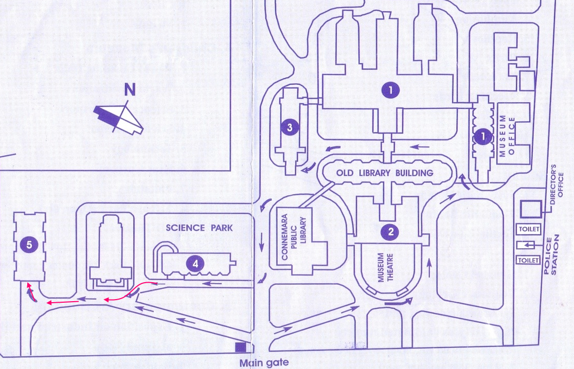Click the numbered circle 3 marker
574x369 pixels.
290,127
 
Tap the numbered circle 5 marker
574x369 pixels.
29,246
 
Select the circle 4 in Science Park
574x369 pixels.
195,264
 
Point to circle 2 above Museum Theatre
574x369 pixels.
391,231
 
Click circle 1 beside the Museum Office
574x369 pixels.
482,137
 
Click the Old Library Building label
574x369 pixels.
385,173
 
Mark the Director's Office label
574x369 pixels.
558,186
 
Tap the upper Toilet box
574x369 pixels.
529,229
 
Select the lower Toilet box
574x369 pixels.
529,260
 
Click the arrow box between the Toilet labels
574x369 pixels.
529,244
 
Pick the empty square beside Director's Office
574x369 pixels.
530,209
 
